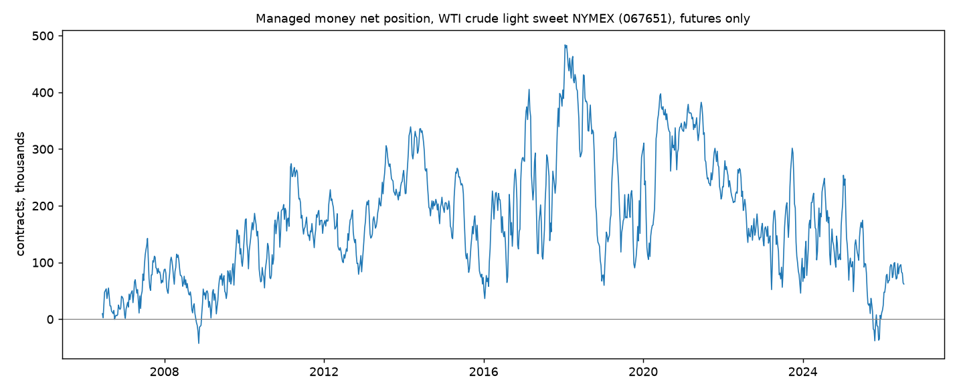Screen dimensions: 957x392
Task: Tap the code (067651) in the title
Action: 647,19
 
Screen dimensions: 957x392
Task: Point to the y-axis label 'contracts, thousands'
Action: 20,194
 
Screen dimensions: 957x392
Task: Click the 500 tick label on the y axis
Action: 43,36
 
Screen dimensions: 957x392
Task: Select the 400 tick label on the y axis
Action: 43,92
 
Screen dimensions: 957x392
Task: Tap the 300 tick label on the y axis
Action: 43,149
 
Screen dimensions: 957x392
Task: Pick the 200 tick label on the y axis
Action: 43,206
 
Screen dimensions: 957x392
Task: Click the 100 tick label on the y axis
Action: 43,263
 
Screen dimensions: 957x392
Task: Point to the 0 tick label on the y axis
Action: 50,319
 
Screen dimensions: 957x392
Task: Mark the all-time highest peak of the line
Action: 565,45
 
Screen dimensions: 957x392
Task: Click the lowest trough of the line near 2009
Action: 199,343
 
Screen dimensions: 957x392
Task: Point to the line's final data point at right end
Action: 903,284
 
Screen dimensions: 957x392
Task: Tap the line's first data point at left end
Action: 102,314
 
